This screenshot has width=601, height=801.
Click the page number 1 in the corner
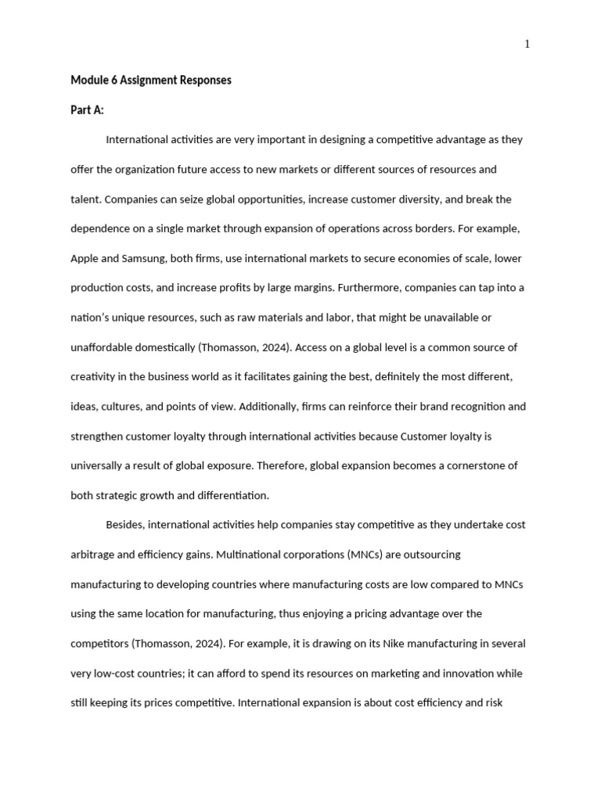pos(527,45)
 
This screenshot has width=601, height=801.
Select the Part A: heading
pos(87,110)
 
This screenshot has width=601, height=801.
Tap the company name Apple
pos(85,258)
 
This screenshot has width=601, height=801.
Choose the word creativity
pos(93,377)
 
